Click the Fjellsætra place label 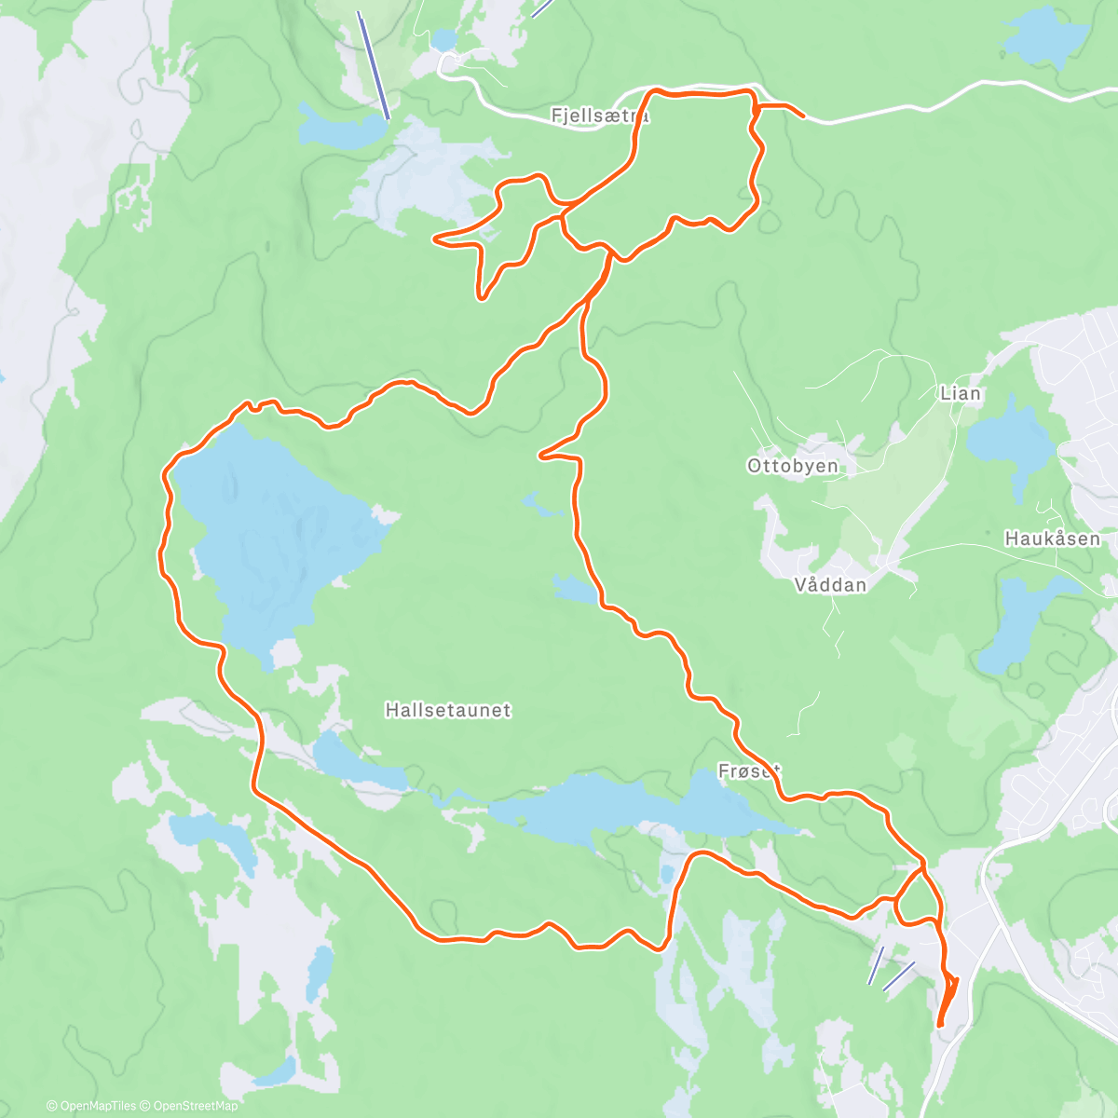(x=600, y=116)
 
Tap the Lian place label (x=960, y=393)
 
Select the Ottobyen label (x=792, y=466)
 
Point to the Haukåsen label (x=1052, y=539)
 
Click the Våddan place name (x=830, y=585)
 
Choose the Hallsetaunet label (x=448, y=710)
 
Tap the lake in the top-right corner (x=1043, y=37)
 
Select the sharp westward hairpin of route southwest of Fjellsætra (x=437, y=239)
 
